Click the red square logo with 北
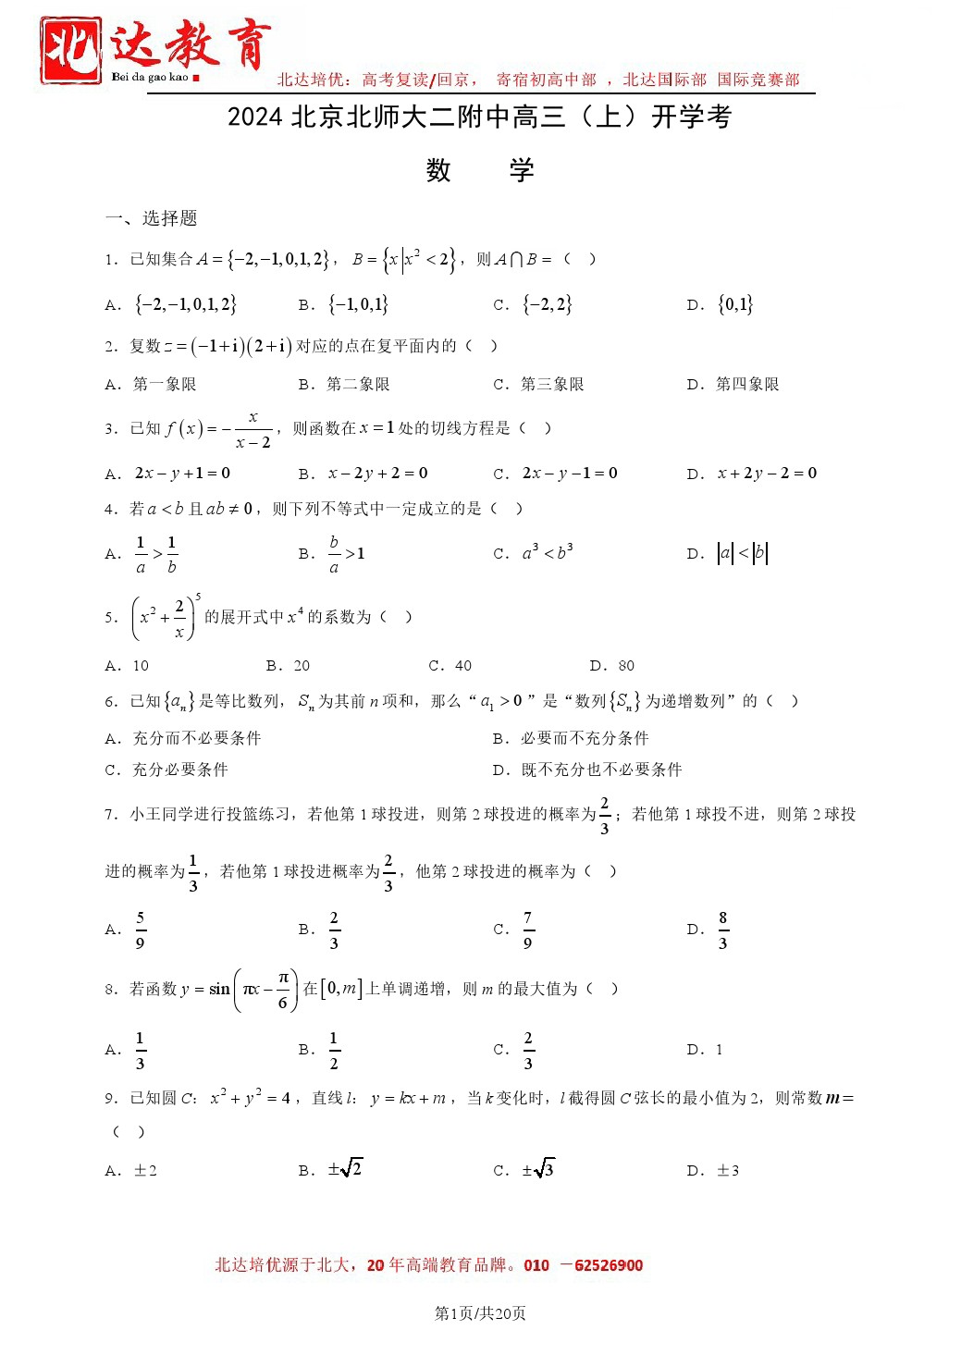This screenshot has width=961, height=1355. pos(70,50)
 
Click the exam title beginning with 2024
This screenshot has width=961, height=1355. pos(479,117)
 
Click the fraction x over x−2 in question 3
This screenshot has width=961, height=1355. pos(253,429)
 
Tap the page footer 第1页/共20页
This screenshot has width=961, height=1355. pos(480,1313)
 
